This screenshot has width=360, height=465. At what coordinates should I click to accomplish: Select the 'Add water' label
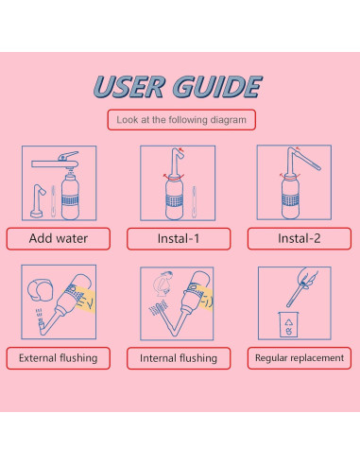click(x=59, y=238)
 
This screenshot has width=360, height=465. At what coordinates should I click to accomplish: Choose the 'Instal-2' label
click(x=299, y=238)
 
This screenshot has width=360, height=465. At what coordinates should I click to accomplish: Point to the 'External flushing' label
click(x=59, y=358)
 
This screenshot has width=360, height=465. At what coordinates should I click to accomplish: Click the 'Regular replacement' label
click(x=299, y=358)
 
